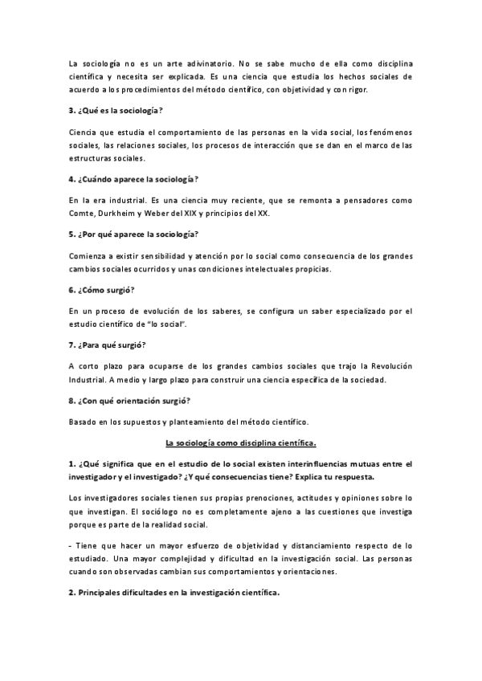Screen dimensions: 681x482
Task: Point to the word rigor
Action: pyautogui.click(x=355, y=89)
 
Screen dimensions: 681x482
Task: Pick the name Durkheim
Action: pyautogui.click(x=121, y=213)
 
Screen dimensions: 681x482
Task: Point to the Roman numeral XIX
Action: pyautogui.click(x=198, y=213)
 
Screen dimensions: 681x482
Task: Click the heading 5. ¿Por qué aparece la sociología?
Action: pyautogui.click(x=133, y=233)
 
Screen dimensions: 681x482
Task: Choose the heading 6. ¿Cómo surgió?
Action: pyautogui.click(x=100, y=289)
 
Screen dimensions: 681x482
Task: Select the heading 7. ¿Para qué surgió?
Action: pyautogui.click(x=106, y=345)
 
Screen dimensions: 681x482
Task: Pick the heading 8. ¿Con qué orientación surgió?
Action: pyautogui.click(x=131, y=400)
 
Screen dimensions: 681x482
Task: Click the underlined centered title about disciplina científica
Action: pyautogui.click(x=240, y=442)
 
